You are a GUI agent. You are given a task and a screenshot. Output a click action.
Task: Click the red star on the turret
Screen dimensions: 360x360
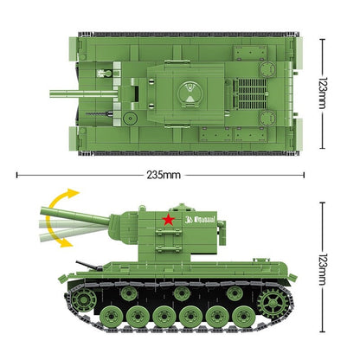click(169, 219)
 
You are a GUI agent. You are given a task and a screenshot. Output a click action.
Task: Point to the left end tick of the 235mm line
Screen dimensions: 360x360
click(18, 174)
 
